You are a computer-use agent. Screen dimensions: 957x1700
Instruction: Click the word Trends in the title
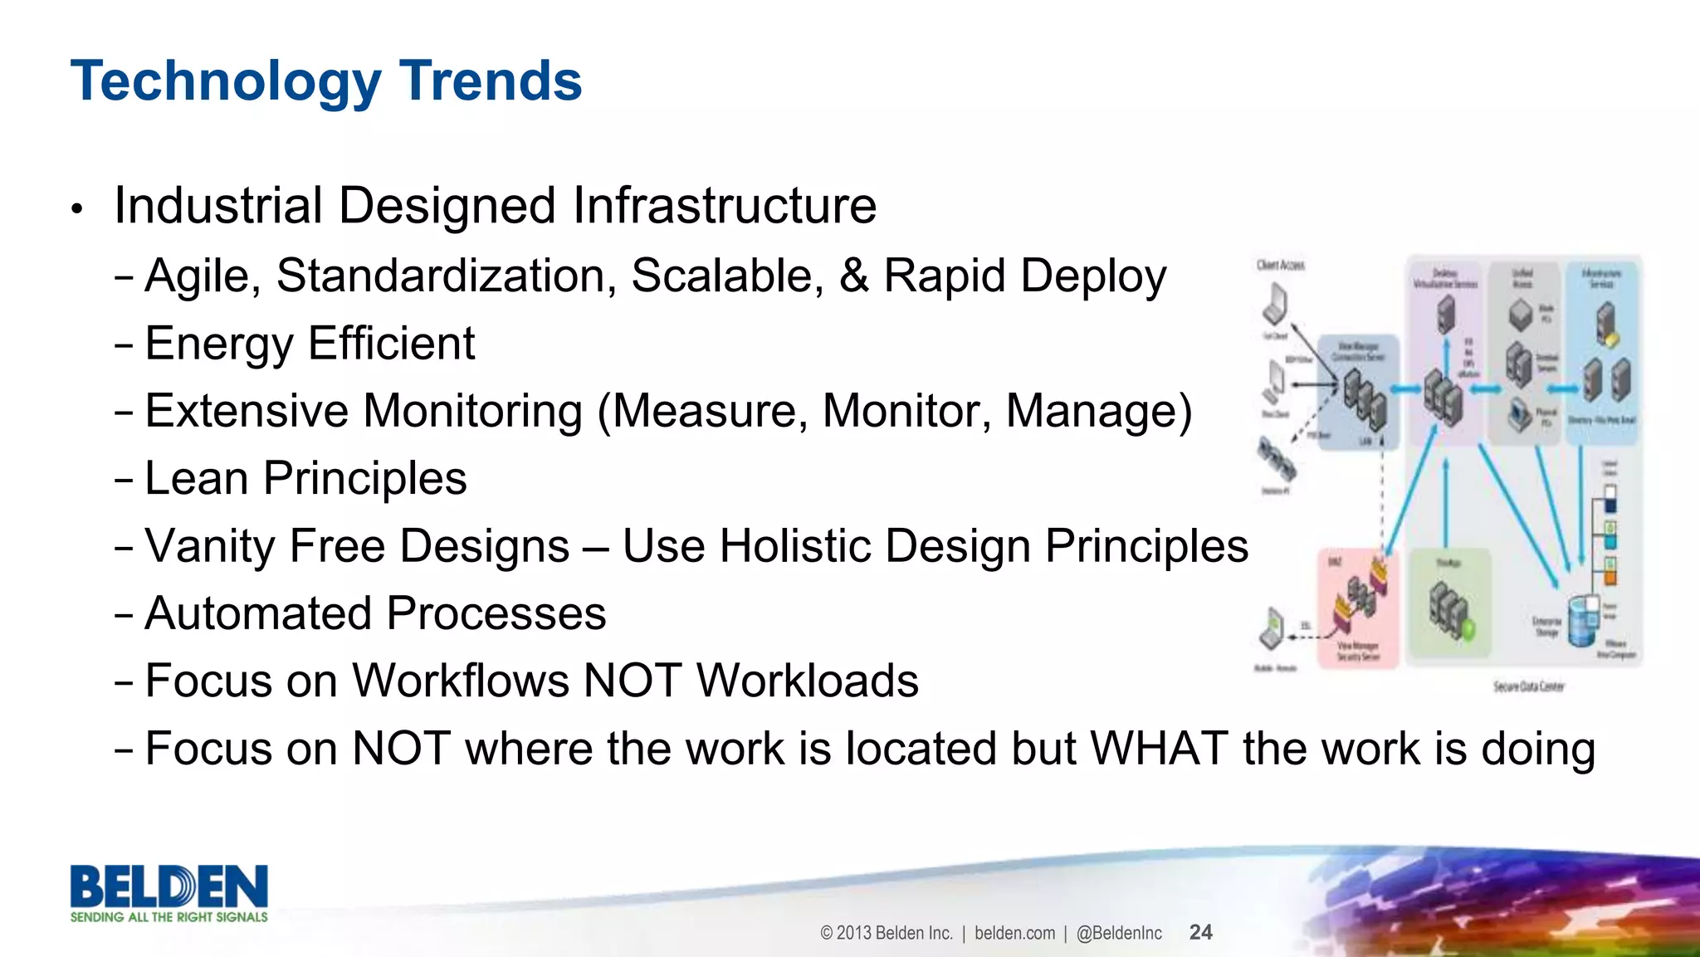491,81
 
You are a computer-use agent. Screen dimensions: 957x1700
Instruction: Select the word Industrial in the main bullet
218,206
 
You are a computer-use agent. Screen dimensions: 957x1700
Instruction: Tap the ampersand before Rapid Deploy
853,276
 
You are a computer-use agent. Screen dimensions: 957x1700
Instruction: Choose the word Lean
196,479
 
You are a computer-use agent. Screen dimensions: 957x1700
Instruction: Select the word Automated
258,613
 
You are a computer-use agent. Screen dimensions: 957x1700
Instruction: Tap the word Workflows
461,681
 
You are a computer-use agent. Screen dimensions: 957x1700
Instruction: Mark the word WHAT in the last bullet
1158,749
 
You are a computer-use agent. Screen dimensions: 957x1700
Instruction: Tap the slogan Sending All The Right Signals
169,917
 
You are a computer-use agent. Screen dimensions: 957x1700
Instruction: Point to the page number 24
1200,932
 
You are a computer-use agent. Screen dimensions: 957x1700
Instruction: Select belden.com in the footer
1014,933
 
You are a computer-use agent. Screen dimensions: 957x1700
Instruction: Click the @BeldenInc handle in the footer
1119,933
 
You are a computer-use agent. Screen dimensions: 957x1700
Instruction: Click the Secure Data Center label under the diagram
1528,686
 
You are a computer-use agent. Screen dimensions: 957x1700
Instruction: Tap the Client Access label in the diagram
1280,265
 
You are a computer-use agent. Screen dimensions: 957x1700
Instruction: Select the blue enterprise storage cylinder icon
1582,619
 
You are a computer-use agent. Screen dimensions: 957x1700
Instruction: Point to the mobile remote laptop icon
1271,628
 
